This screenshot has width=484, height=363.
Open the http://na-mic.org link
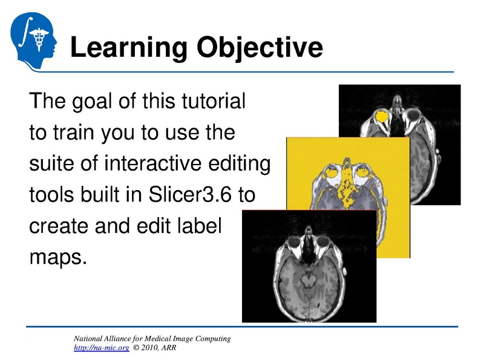tap(100, 348)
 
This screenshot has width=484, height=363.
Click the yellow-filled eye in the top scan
tap(382, 116)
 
